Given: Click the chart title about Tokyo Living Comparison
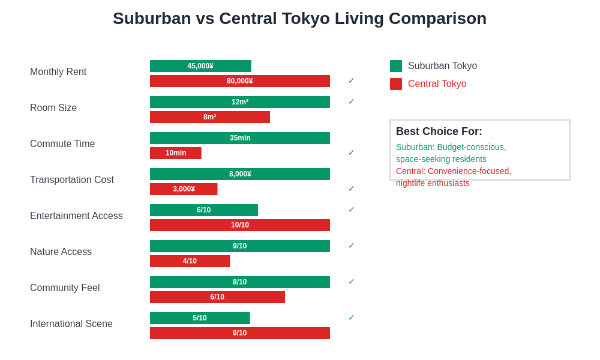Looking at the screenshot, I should (x=299, y=19).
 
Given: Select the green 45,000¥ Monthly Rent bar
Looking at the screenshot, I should (x=200, y=66).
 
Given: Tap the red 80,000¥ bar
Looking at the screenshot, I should (x=240, y=81).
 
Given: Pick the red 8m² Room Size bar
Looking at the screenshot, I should (x=210, y=117).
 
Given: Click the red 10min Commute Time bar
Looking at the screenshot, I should (x=176, y=153).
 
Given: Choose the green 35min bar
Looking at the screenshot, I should (x=240, y=138).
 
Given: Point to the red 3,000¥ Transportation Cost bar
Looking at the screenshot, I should (x=184, y=189).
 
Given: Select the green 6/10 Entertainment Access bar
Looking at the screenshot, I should (x=204, y=210).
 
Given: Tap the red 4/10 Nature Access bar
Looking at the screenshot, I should (x=190, y=261).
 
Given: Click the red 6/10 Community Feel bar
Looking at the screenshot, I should (x=217, y=297).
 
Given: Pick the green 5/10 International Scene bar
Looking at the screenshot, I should (x=200, y=318).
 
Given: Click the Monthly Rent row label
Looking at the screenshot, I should (x=58, y=72).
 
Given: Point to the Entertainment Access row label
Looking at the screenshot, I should (x=76, y=216).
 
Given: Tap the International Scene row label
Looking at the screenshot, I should (x=71, y=324).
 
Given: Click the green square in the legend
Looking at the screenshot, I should (x=396, y=66).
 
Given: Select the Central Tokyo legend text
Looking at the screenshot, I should (x=437, y=84).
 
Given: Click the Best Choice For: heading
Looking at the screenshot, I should (x=439, y=131).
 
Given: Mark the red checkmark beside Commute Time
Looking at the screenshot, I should (x=352, y=153).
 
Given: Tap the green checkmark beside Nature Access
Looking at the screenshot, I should (x=352, y=246).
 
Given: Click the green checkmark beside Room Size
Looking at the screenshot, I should (x=352, y=102).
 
